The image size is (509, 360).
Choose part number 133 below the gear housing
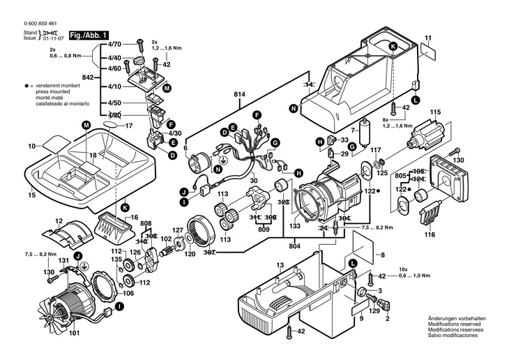point(295,227)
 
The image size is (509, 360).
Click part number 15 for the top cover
point(31,195)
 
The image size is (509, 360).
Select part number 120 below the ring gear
point(190,255)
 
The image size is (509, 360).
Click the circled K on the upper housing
point(393,47)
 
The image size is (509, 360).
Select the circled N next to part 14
point(294,108)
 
